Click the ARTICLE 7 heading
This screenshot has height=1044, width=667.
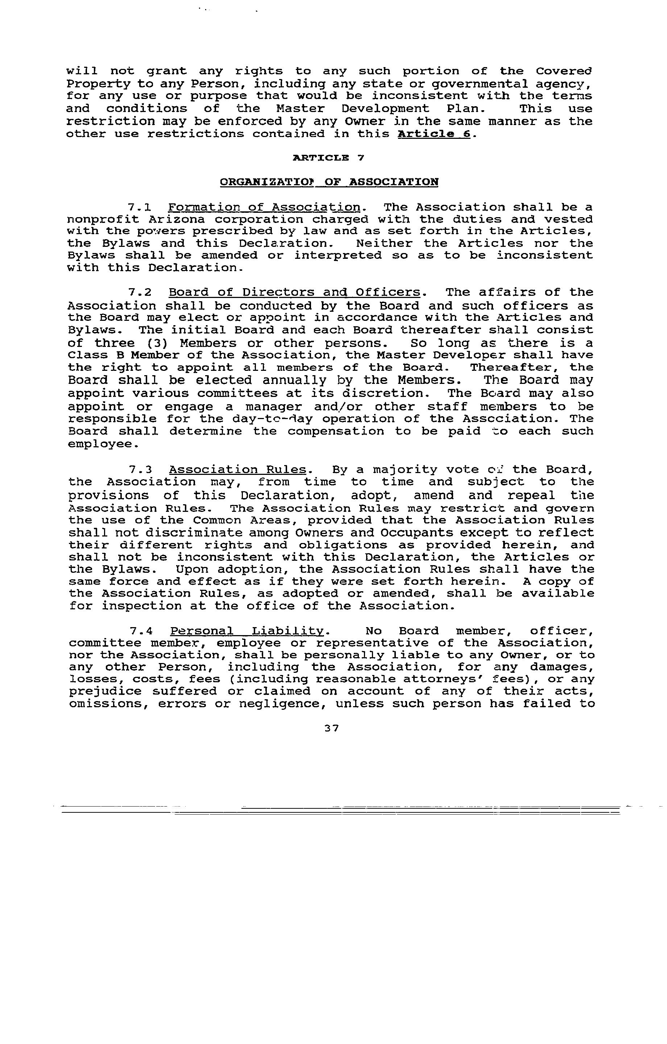329,158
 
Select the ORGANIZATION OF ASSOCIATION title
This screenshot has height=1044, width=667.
329,182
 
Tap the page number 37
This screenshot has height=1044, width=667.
331,728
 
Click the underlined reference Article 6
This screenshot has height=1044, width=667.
434,134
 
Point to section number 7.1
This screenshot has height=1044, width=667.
140,207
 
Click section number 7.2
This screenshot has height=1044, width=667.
140,293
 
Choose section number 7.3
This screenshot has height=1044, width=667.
140,470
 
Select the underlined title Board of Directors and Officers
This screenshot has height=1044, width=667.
294,293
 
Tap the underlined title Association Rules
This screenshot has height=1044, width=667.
238,470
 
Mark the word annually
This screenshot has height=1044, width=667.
294,381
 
